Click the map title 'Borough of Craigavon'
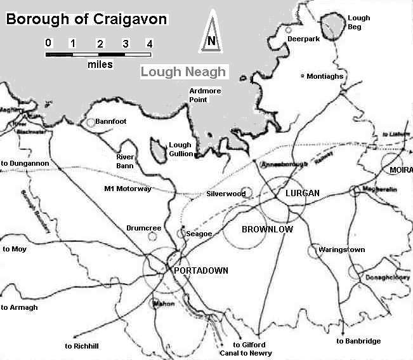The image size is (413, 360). point(86,19)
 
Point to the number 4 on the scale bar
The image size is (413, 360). point(150,44)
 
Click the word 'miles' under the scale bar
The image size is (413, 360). point(100,65)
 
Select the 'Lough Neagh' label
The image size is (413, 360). point(183,72)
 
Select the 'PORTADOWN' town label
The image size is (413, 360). point(200,270)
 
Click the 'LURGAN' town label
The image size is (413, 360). point(302,193)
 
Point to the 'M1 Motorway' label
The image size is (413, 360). point(128,189)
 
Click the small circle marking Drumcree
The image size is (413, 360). point(152,237)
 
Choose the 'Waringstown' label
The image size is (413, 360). point(342,250)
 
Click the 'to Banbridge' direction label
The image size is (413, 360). point(358,341)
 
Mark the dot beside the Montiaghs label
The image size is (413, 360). point(302,75)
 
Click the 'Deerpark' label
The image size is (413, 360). point(302,39)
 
